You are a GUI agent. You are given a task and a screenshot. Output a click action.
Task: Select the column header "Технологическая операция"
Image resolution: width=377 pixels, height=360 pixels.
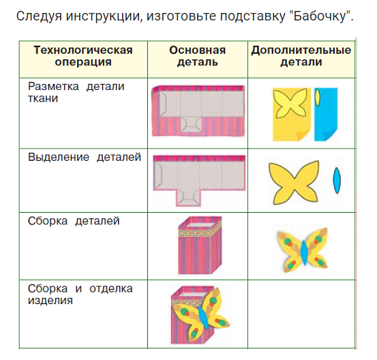[82, 56]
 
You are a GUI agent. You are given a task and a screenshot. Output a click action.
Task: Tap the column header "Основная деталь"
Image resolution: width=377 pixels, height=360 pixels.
[197, 56]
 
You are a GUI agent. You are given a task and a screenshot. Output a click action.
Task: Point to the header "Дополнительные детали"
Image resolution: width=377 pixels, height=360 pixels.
[301, 56]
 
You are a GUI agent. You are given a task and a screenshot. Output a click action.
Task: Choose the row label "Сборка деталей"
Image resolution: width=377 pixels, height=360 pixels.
[74, 221]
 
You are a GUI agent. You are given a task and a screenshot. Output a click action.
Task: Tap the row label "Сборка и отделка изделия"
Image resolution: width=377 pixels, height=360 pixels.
[80, 294]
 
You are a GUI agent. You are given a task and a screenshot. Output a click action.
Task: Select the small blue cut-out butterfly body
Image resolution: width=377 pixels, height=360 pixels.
[335, 181]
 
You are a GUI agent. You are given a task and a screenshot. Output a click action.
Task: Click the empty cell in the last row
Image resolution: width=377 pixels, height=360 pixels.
[301, 314]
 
